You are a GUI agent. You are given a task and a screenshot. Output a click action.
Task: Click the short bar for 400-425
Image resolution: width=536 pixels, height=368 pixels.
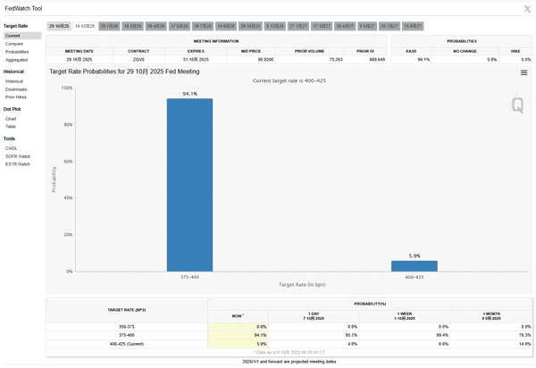click(x=415, y=265)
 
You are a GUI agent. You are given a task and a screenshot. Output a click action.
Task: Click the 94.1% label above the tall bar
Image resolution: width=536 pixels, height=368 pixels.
click(x=189, y=93)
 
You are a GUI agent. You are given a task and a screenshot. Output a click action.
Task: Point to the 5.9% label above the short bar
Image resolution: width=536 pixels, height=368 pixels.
click(x=415, y=255)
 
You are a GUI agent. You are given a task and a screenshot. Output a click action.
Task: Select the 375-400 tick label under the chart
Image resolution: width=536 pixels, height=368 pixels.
click(x=189, y=277)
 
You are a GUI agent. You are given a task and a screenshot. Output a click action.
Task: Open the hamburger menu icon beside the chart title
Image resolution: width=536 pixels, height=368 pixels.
click(x=524, y=73)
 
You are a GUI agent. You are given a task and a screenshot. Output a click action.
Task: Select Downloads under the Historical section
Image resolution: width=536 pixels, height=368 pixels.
click(x=16, y=89)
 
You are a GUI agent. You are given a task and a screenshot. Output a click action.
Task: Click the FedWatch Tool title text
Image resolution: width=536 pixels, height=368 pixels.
click(x=24, y=8)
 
